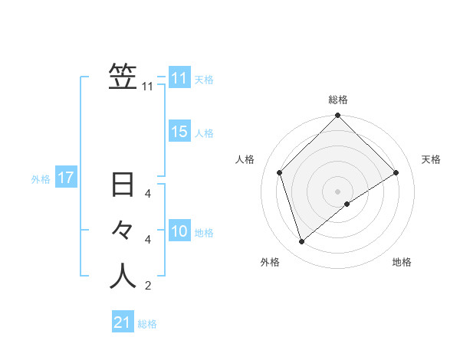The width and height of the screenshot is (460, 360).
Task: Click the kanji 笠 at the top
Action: (123, 77)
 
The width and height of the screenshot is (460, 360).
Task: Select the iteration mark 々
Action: (123, 230)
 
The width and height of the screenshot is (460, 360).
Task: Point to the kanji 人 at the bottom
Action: (123, 277)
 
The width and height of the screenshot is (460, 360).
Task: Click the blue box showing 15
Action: (179, 132)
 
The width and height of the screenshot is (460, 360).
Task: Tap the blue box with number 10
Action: (179, 231)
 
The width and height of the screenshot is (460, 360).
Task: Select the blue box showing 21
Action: (123, 322)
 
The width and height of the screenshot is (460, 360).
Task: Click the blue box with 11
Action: (179, 78)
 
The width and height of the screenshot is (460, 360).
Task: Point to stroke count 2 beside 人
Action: (148, 286)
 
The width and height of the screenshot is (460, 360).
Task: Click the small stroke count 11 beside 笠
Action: (148, 87)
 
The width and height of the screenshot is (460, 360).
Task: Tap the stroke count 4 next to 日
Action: (148, 194)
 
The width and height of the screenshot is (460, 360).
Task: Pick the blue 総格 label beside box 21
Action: (147, 324)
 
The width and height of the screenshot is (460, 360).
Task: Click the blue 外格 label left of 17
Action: (41, 179)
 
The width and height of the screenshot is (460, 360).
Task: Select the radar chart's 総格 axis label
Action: (338, 100)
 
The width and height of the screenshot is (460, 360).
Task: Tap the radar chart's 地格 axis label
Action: (402, 262)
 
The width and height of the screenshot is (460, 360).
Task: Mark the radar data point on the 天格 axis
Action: (396, 172)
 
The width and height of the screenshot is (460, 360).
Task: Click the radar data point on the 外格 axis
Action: (302, 242)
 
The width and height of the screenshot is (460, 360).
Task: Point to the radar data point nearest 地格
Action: (347, 204)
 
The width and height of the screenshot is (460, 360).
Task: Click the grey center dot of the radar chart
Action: (338, 191)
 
